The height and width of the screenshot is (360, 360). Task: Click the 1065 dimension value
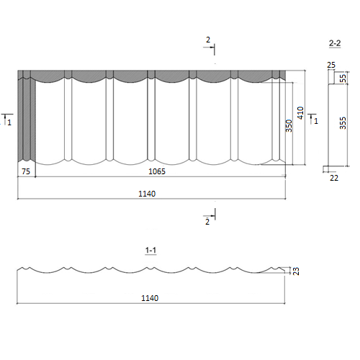[x=157, y=171]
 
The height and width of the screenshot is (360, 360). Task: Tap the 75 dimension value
[x=26, y=171]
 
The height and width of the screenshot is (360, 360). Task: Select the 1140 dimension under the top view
[x=147, y=194]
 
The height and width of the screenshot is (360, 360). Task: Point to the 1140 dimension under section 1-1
[x=150, y=298]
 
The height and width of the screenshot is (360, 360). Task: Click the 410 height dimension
[x=300, y=113]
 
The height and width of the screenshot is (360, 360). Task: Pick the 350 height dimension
[x=289, y=126]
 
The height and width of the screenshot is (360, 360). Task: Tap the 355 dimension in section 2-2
[x=343, y=123]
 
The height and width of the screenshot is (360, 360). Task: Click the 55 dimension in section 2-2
[x=343, y=78]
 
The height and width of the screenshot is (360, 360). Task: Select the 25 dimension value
[x=331, y=65]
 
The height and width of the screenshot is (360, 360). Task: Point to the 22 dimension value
[x=334, y=178]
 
